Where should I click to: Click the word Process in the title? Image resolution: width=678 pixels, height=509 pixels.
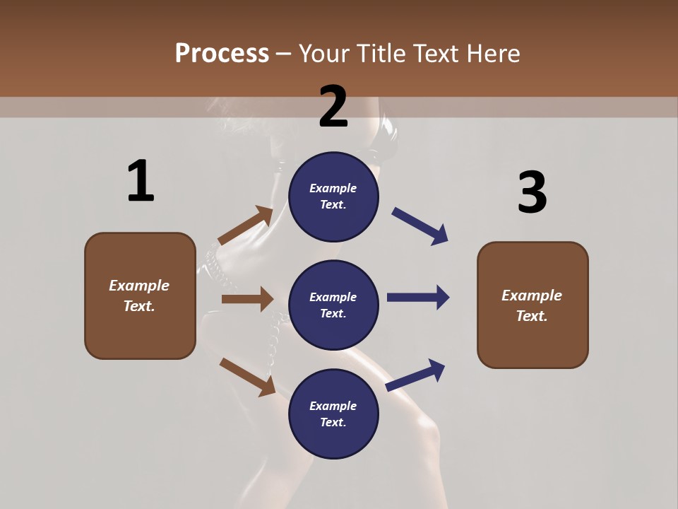tap(222, 54)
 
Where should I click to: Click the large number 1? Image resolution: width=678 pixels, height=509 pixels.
tap(141, 181)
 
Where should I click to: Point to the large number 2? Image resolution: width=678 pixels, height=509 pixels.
tap(333, 107)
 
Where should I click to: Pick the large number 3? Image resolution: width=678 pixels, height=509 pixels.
tap(532, 192)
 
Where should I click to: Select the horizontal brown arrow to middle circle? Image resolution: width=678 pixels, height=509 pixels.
tap(247, 299)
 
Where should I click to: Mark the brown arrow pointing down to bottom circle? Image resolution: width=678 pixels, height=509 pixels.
tap(247, 376)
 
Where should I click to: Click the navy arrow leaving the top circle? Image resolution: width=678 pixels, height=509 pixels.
tap(420, 226)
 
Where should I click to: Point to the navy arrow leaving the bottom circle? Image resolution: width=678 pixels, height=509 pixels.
tap(416, 375)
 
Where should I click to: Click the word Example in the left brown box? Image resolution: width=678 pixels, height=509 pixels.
tap(139, 286)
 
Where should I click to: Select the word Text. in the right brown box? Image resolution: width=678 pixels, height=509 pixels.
tap(532, 316)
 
